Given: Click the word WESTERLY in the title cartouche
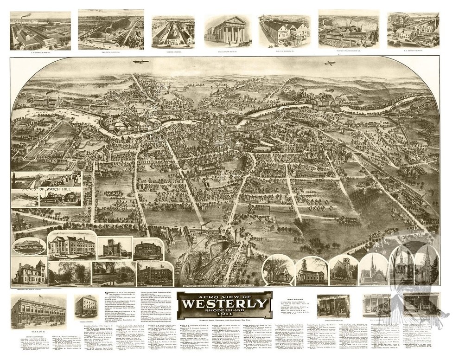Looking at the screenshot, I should [225, 304].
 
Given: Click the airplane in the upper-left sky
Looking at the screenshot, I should [137, 62].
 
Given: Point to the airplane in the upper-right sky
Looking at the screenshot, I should [330, 63].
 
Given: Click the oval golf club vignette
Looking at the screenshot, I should [29, 246].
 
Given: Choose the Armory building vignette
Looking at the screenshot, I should [115, 248].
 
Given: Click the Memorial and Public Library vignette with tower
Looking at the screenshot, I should [29, 271].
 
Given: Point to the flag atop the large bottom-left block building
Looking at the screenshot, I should [40, 296].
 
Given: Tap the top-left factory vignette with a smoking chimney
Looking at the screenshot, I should [40, 30].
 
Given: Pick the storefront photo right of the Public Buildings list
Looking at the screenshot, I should [333, 306].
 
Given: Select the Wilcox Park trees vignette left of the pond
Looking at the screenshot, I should [69, 272].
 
